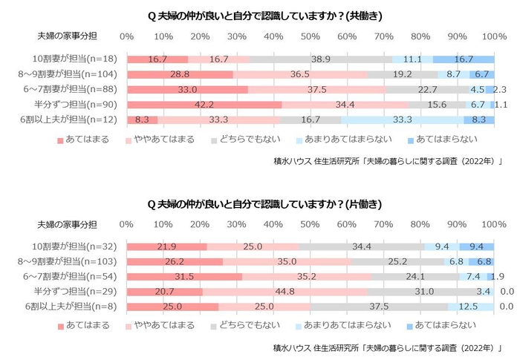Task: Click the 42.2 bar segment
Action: (204, 104)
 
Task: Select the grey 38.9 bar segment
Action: (321, 59)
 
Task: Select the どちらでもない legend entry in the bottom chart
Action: (240, 324)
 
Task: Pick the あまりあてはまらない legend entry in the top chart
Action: (348, 139)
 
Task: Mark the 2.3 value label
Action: (501, 89)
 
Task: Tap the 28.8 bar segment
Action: (180, 74)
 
